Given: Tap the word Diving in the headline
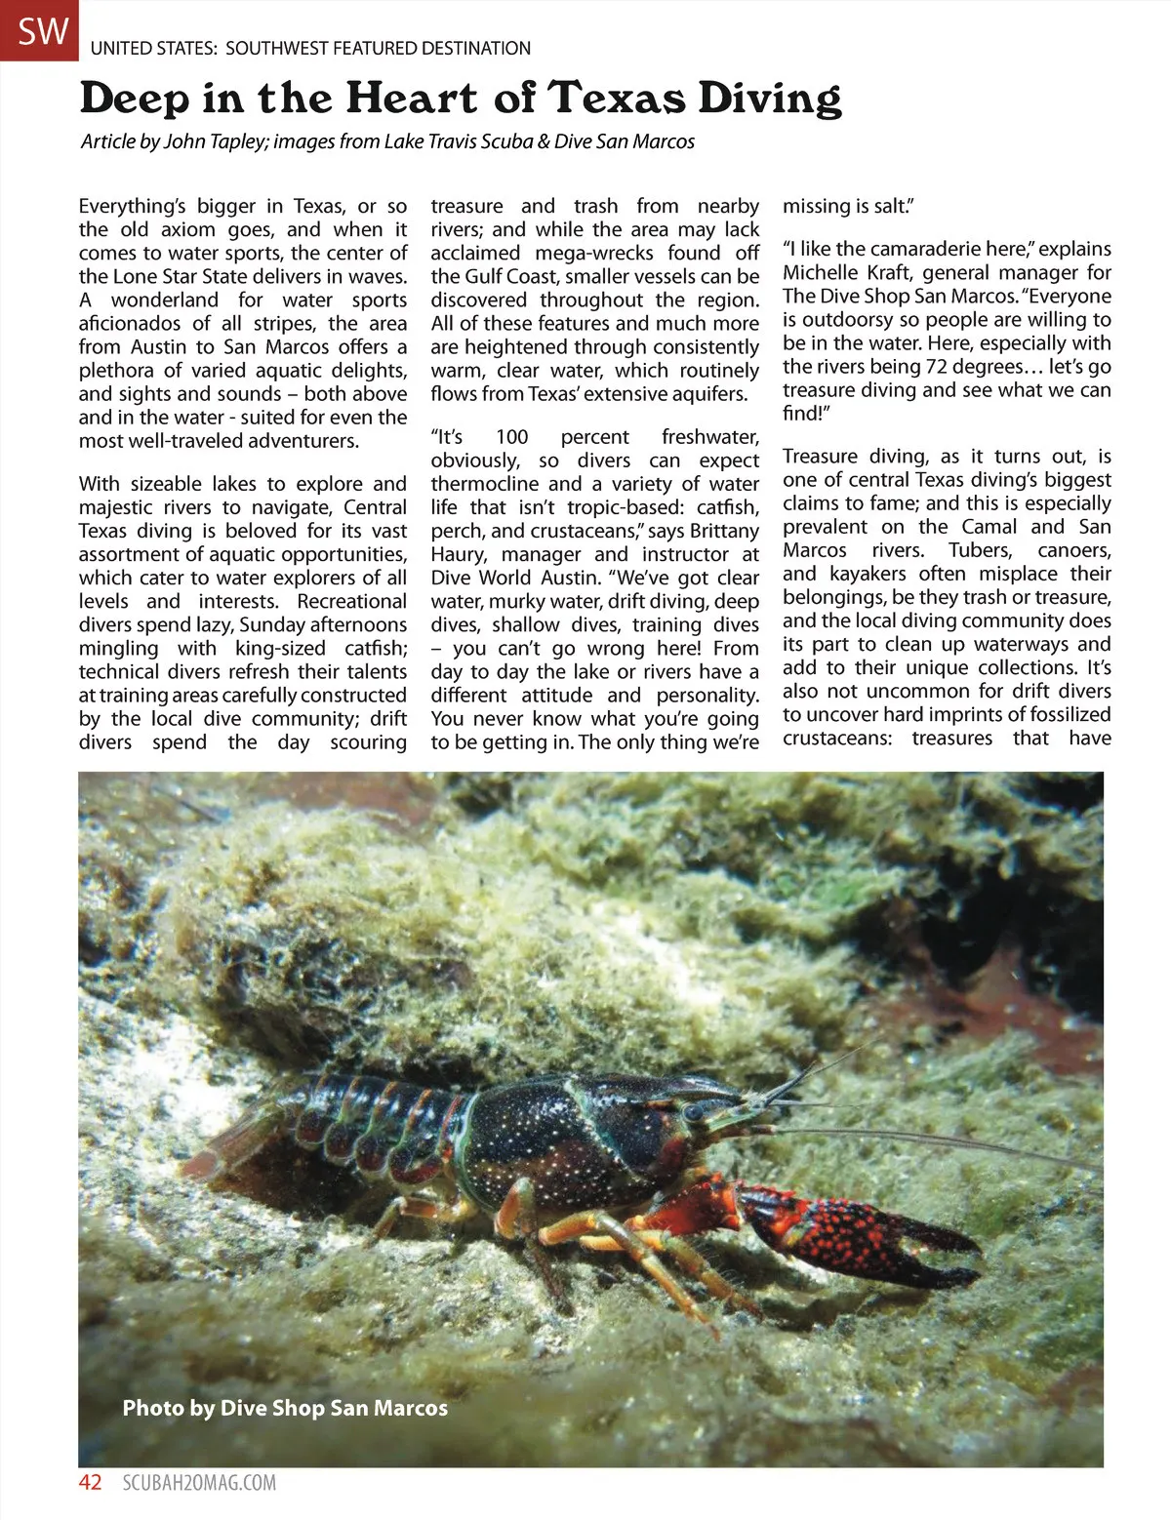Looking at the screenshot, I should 770,99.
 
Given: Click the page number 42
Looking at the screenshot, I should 90,1483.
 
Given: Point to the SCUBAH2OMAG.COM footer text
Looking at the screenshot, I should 199,1483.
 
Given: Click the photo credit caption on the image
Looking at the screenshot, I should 285,1408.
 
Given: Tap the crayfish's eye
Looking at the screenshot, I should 693,1111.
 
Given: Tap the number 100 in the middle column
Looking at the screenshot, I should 511,437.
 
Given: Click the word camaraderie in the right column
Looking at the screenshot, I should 907,249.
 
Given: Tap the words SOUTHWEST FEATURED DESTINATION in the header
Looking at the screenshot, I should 379,48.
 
